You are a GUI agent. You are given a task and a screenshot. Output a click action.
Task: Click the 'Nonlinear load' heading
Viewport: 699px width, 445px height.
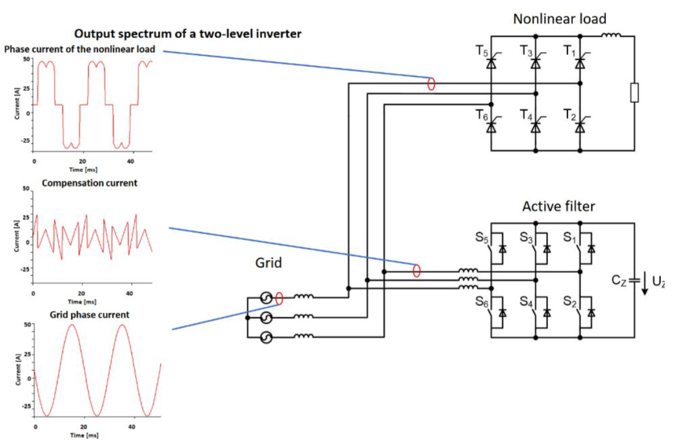coord(559,19)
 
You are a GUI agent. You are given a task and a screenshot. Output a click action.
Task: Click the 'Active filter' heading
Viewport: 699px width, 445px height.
coord(558,206)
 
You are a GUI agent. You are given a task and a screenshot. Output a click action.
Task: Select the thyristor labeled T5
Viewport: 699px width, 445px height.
coord(491,63)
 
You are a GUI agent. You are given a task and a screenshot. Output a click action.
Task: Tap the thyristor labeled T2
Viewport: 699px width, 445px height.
coord(580,126)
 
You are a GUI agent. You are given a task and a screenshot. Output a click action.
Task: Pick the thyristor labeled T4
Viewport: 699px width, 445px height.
coord(535,126)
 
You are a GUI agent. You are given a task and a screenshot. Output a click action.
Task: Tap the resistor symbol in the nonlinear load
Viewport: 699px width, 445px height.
coord(634,93)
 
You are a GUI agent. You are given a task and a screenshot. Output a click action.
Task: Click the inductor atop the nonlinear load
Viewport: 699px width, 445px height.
coord(611,35)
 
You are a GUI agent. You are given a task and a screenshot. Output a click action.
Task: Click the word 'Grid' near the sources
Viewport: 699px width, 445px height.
coord(268,263)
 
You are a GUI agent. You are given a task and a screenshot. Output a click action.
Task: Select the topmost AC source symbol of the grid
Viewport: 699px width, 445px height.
coord(266,298)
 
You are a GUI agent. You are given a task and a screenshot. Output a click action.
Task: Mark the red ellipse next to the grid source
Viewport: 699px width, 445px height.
coord(279,298)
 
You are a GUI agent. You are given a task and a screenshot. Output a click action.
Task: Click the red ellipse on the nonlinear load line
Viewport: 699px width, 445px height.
coord(431,84)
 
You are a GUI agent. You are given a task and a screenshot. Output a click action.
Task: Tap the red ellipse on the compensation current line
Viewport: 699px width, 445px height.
coord(417,270)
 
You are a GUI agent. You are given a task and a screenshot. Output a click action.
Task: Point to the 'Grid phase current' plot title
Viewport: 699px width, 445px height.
coord(89,314)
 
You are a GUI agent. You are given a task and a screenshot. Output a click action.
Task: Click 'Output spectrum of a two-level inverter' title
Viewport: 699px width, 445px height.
coord(188,34)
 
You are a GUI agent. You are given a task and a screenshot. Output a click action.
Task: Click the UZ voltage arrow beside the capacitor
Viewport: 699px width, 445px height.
coord(645,283)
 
